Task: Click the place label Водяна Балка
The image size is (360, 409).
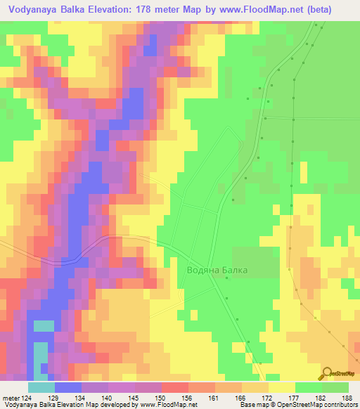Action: (x=218, y=270)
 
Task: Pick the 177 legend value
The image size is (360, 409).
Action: (x=291, y=398)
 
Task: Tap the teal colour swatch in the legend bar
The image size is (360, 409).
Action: (x=41, y=387)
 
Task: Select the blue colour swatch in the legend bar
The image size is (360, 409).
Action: (x=68, y=387)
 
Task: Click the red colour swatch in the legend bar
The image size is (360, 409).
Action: (x=174, y=387)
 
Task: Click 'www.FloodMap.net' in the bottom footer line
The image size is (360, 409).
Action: (x=156, y=405)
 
